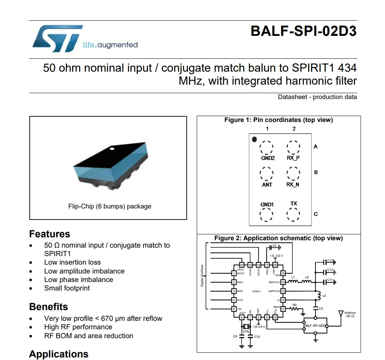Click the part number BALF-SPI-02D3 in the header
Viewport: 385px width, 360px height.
303,31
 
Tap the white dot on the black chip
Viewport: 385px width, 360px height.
112,149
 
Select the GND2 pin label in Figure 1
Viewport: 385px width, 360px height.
267,158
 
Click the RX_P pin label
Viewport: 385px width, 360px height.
293,158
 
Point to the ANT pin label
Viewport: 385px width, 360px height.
267,184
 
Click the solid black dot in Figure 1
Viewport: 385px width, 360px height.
254,139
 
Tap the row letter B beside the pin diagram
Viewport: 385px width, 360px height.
316,172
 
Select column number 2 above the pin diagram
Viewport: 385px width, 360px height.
294,129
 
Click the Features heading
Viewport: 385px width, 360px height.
50,234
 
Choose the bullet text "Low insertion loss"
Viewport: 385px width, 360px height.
72,262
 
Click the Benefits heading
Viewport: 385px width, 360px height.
48,307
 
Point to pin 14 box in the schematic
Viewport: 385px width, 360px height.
283,282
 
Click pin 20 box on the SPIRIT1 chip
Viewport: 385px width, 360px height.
242,265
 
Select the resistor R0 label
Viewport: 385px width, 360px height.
294,305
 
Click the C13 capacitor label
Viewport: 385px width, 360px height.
330,261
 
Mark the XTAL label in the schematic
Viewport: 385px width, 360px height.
246,332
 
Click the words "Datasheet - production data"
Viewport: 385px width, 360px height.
317,97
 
